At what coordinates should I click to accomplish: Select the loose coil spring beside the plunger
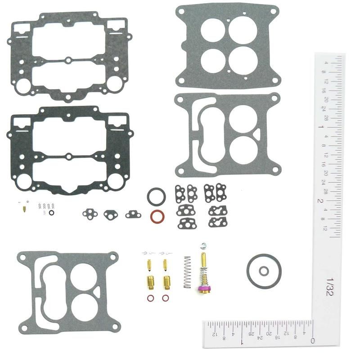187,273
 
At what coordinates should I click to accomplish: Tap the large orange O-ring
157,216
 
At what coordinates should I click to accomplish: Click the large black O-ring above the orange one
156,197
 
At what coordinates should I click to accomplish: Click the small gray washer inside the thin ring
264,270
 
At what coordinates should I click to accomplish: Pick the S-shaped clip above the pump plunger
203,246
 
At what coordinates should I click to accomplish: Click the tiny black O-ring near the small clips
52,213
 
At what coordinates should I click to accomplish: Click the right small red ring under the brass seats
166,298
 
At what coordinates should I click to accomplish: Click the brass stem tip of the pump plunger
203,259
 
